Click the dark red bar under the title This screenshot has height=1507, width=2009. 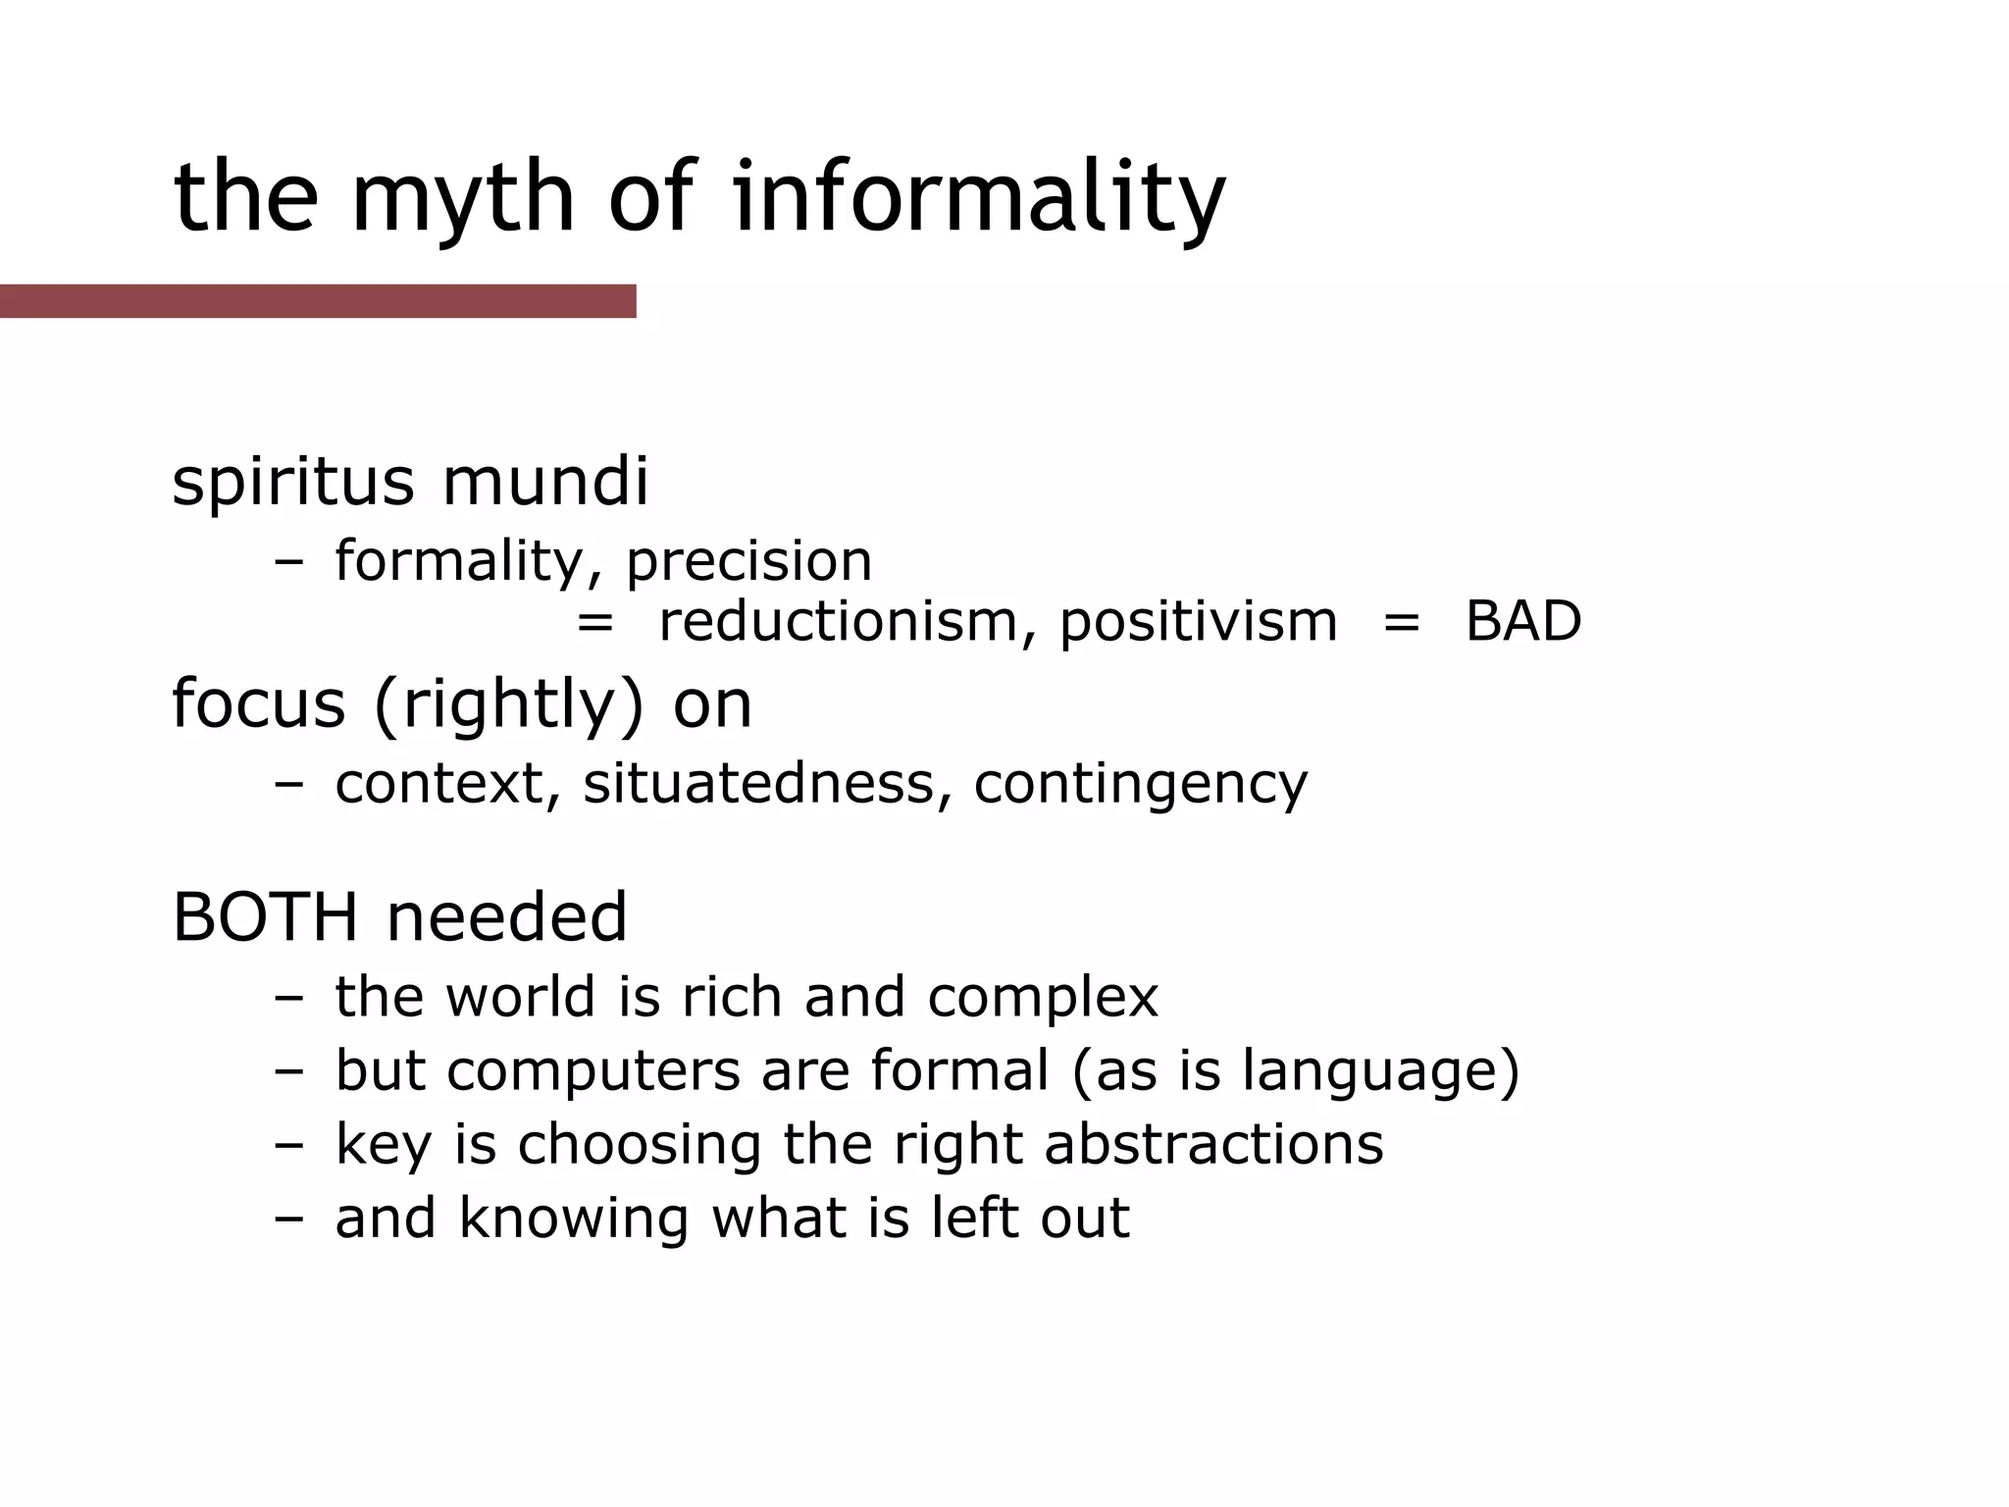coord(318,301)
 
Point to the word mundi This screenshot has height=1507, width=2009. coord(545,482)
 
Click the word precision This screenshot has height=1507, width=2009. coord(749,561)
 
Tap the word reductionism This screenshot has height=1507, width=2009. coord(840,621)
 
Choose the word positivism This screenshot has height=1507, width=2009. coord(1198,622)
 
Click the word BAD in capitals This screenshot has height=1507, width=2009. coord(1522,621)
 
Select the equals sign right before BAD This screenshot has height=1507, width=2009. coord(1401,622)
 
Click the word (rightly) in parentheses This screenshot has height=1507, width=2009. coord(509,705)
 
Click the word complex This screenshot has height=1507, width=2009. coord(1043,998)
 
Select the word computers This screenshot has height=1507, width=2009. coord(593,1070)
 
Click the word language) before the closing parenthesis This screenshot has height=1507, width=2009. coord(1380,1070)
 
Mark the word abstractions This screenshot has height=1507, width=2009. coord(1213,1144)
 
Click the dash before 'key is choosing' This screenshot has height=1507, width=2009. coord(289,1145)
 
